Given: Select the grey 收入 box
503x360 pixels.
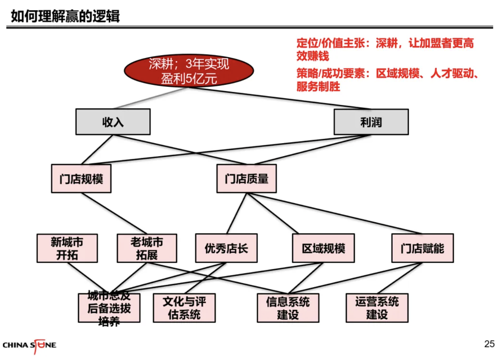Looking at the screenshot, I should click(x=113, y=122).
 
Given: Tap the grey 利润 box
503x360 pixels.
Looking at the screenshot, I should click(x=371, y=122).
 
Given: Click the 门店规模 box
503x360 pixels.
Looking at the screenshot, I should click(x=81, y=179).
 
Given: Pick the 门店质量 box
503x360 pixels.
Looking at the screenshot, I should click(x=246, y=179).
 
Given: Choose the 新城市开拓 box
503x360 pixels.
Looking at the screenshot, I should click(x=67, y=248).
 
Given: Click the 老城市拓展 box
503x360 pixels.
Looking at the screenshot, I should click(x=147, y=248).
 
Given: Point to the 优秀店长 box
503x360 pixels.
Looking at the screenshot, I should click(x=226, y=248).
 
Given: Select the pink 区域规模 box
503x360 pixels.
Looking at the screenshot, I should click(x=323, y=248).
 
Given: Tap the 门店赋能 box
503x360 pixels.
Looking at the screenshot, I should click(x=422, y=248).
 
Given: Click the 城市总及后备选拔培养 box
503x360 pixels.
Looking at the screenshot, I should click(x=109, y=308).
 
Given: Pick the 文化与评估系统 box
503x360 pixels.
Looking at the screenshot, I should click(x=184, y=308).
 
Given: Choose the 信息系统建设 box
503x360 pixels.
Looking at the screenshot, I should click(x=288, y=308).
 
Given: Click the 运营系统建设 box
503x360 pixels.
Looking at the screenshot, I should click(x=377, y=308).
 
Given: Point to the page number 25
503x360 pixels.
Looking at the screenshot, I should click(x=489, y=344).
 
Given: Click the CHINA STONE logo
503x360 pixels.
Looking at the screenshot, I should click(x=29, y=345).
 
